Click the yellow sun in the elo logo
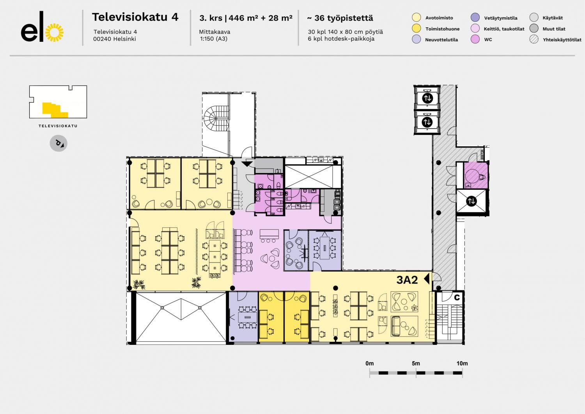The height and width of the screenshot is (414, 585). pyautogui.click(x=54, y=33)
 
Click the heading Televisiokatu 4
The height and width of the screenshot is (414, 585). pyautogui.click(x=135, y=17)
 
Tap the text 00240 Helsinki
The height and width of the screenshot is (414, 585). pyautogui.click(x=114, y=39)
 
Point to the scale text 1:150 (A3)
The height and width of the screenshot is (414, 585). pyautogui.click(x=214, y=39)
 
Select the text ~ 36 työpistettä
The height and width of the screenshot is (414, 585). pyautogui.click(x=340, y=18)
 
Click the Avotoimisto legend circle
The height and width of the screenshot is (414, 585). pyautogui.click(x=416, y=18)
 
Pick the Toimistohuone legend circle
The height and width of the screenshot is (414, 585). pyautogui.click(x=416, y=29)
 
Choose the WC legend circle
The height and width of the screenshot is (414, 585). pyautogui.click(x=475, y=39)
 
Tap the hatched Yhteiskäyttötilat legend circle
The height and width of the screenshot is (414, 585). pyautogui.click(x=534, y=39)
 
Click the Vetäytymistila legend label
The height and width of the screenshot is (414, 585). pyautogui.click(x=501, y=18)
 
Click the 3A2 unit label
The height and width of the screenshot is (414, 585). pyautogui.click(x=407, y=280)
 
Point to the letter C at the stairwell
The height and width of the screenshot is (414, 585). pyautogui.click(x=457, y=297)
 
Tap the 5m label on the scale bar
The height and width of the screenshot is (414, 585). pyautogui.click(x=416, y=363)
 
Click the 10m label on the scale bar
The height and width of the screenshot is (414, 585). pyautogui.click(x=462, y=363)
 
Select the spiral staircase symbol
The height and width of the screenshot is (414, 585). pyautogui.click(x=216, y=118)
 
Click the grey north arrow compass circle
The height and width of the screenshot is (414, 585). pyautogui.click(x=58, y=143)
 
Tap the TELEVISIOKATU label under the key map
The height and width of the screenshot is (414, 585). pyautogui.click(x=58, y=126)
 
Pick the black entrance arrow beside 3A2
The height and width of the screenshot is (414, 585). pyautogui.click(x=427, y=278)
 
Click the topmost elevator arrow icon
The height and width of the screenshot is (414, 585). pyautogui.click(x=427, y=98)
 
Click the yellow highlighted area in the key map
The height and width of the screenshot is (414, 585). pyautogui.click(x=55, y=110)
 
